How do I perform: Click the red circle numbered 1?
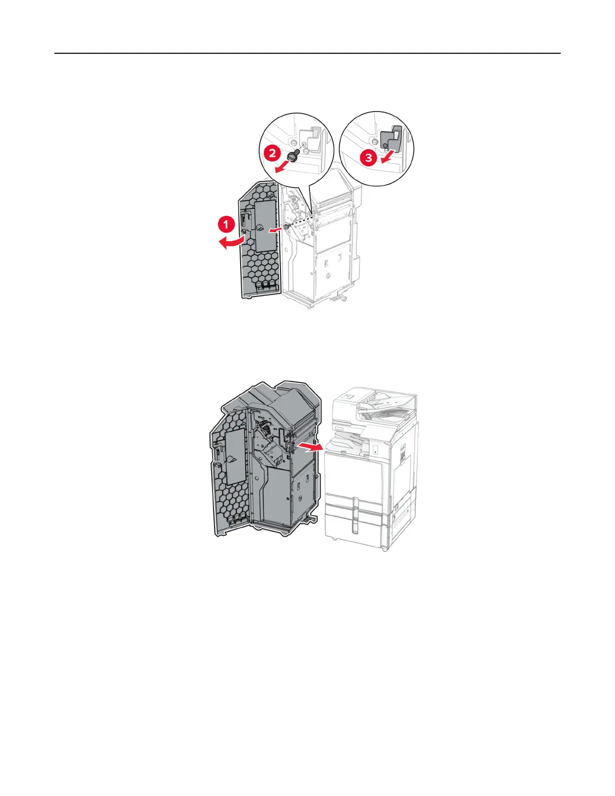click(226, 224)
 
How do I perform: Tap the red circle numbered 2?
click(272, 152)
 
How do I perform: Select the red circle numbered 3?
click(368, 158)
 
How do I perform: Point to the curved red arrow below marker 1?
click(231, 244)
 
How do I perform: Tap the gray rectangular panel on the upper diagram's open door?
click(265, 226)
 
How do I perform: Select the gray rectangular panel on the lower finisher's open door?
click(235, 457)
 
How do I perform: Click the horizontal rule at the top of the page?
click(307, 53)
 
